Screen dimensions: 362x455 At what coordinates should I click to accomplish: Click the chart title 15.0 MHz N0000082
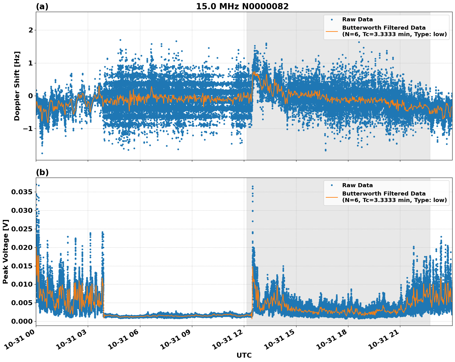tap(242, 6)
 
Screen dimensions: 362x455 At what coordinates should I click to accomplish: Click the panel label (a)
tap(42, 6)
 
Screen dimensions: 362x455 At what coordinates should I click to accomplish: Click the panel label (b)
tap(42, 172)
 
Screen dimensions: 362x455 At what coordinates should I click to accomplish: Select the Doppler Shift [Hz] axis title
tap(17, 86)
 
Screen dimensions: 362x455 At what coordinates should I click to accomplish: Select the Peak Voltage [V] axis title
tap(6, 251)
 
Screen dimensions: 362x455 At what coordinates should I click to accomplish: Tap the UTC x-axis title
tap(244, 355)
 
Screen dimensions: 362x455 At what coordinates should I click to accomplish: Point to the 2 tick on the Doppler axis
tap(31, 30)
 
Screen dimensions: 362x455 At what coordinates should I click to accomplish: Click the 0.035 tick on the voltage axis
tap(22, 192)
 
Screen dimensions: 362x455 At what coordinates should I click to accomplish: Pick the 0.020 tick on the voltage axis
tap(22, 247)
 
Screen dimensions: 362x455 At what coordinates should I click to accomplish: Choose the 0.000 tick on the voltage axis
tap(22, 321)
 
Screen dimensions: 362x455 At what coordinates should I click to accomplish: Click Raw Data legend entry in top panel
tap(357, 19)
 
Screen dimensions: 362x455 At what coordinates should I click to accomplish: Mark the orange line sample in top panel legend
tap(332, 31)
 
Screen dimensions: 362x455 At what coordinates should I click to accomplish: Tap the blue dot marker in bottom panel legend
tap(332, 185)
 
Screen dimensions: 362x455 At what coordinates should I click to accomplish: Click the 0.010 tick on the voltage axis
tap(22, 284)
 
